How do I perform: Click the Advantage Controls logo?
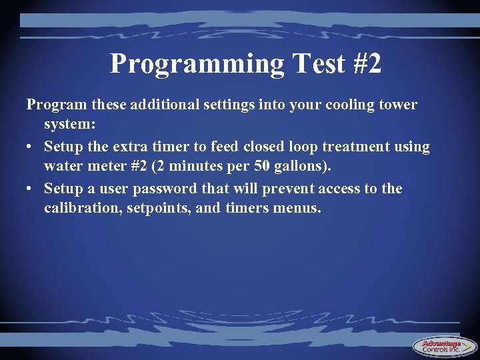point(445,346)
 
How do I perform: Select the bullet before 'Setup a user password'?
point(30,189)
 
